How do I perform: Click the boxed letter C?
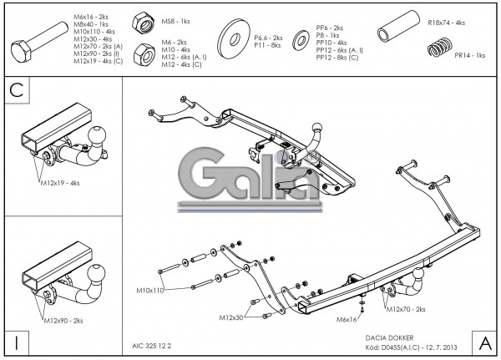pyautogui.click(x=16, y=91)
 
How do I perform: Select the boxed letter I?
pyautogui.click(x=17, y=342)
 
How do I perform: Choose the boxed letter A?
pyautogui.click(x=484, y=342)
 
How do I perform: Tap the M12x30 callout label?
pyautogui.click(x=234, y=318)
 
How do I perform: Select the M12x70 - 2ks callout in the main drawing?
pyautogui.click(x=405, y=309)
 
